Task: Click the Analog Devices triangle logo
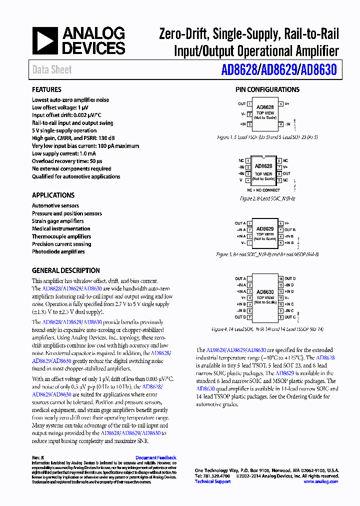[x=45, y=41]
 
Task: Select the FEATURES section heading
[x=46, y=89]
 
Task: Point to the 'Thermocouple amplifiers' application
[x=61, y=236]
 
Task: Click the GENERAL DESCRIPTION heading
[x=65, y=270]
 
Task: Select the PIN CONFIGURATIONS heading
[x=267, y=89]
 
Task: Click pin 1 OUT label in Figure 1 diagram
[x=242, y=104]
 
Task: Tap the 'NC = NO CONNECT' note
[x=263, y=190]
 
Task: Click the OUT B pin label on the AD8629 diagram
[x=290, y=230]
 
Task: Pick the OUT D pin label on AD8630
[x=290, y=278]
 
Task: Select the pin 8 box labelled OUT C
[x=281, y=317]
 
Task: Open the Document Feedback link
[x=156, y=457]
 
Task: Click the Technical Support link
[x=212, y=481]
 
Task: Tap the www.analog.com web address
[x=320, y=481]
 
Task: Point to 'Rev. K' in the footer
[x=38, y=457]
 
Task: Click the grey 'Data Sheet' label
[x=52, y=70]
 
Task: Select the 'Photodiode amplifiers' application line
[x=58, y=252]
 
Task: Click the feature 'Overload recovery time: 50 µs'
[x=67, y=161]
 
